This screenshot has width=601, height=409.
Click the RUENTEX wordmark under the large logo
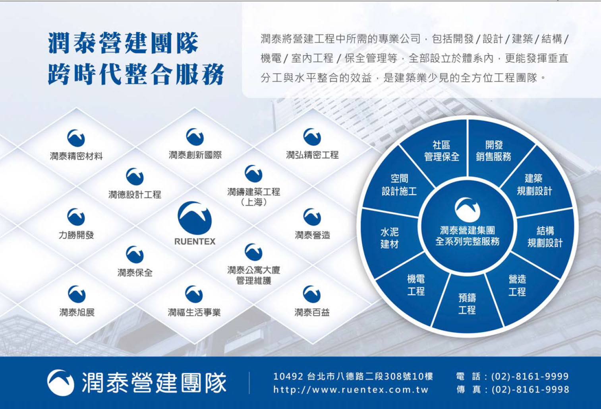(x=195, y=242)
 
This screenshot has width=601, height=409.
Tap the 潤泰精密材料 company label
(x=76, y=156)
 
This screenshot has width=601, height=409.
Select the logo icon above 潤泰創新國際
(x=195, y=137)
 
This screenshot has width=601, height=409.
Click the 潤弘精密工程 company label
(x=312, y=155)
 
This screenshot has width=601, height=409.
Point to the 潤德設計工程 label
(x=135, y=194)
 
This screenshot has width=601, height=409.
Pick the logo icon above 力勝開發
(x=76, y=217)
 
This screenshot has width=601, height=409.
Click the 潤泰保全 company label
(x=135, y=273)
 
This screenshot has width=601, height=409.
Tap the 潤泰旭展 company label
(x=77, y=312)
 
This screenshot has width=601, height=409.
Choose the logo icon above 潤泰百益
(x=312, y=294)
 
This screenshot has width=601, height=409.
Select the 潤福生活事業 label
(x=194, y=312)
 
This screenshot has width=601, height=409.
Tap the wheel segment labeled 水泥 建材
(x=390, y=238)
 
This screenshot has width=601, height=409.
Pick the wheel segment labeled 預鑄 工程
(x=467, y=304)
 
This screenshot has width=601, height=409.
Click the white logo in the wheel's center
(x=468, y=210)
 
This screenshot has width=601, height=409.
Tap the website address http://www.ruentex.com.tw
(x=351, y=390)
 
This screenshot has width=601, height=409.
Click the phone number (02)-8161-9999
(x=530, y=376)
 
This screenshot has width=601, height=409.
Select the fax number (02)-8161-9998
(x=530, y=390)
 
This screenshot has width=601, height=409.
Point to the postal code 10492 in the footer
(x=288, y=376)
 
